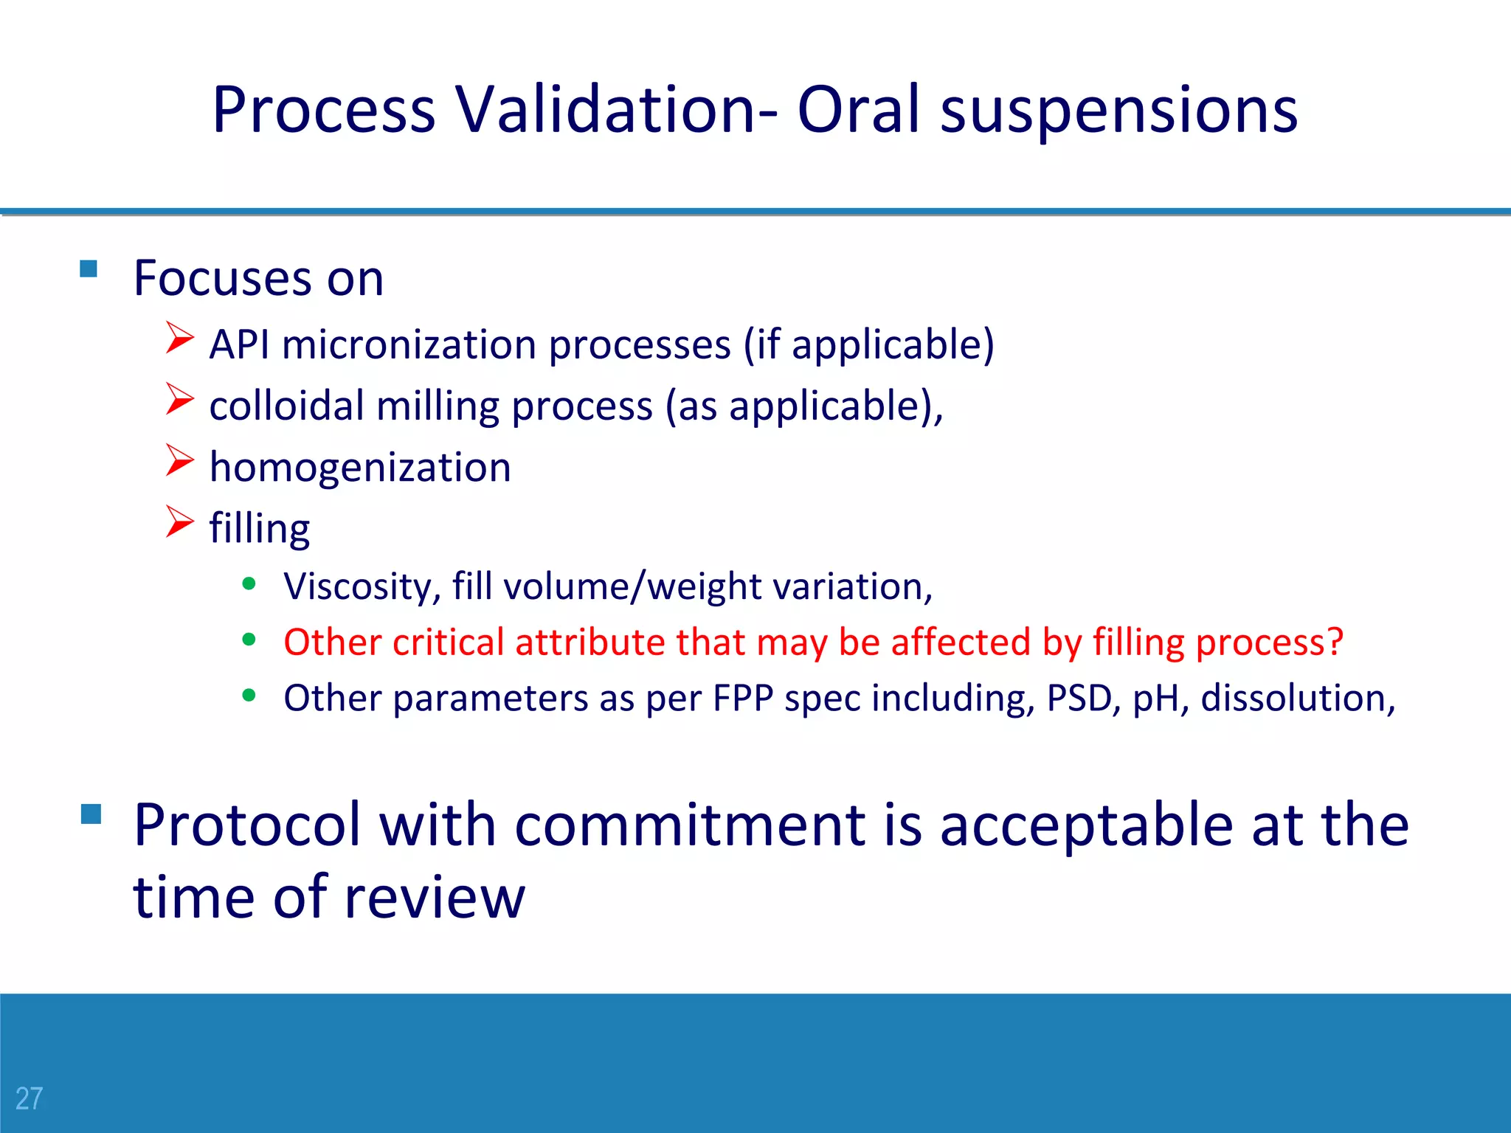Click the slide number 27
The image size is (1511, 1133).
tap(30, 1098)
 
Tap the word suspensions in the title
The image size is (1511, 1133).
tap(1118, 111)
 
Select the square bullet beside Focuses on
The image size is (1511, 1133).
tap(89, 268)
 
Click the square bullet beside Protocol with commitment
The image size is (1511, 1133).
tap(91, 814)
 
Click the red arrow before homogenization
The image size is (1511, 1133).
tap(179, 461)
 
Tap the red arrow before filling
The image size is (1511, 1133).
tap(179, 522)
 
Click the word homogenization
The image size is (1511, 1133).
tap(360, 468)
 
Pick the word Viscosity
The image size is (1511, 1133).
tap(362, 587)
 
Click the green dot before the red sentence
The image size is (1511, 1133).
tap(249, 640)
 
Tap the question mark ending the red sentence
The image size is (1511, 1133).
tap(1335, 642)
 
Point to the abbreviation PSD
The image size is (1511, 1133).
tap(1079, 698)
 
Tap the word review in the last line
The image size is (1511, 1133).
tap(435, 897)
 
